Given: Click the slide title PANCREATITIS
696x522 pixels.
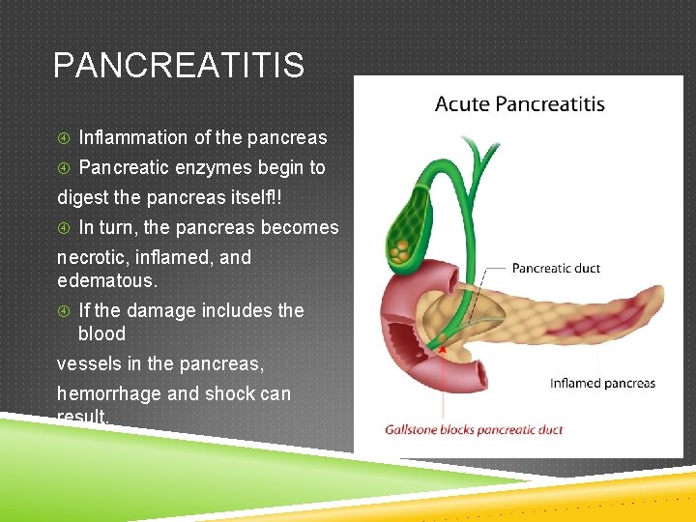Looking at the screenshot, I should (179, 66).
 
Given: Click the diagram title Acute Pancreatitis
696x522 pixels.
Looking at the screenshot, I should (519, 104).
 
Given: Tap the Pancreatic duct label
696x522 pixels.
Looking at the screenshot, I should (556, 268).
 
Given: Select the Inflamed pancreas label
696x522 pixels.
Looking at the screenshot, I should (602, 383).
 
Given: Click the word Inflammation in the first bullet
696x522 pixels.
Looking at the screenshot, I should (125, 137).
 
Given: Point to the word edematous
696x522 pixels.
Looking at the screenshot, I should (105, 280).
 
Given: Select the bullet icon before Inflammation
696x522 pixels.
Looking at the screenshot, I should (64, 138).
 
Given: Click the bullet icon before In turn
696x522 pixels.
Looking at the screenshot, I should (64, 228).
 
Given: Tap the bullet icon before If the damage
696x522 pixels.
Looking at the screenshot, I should (64, 311).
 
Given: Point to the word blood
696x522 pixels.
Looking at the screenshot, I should (101, 333).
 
